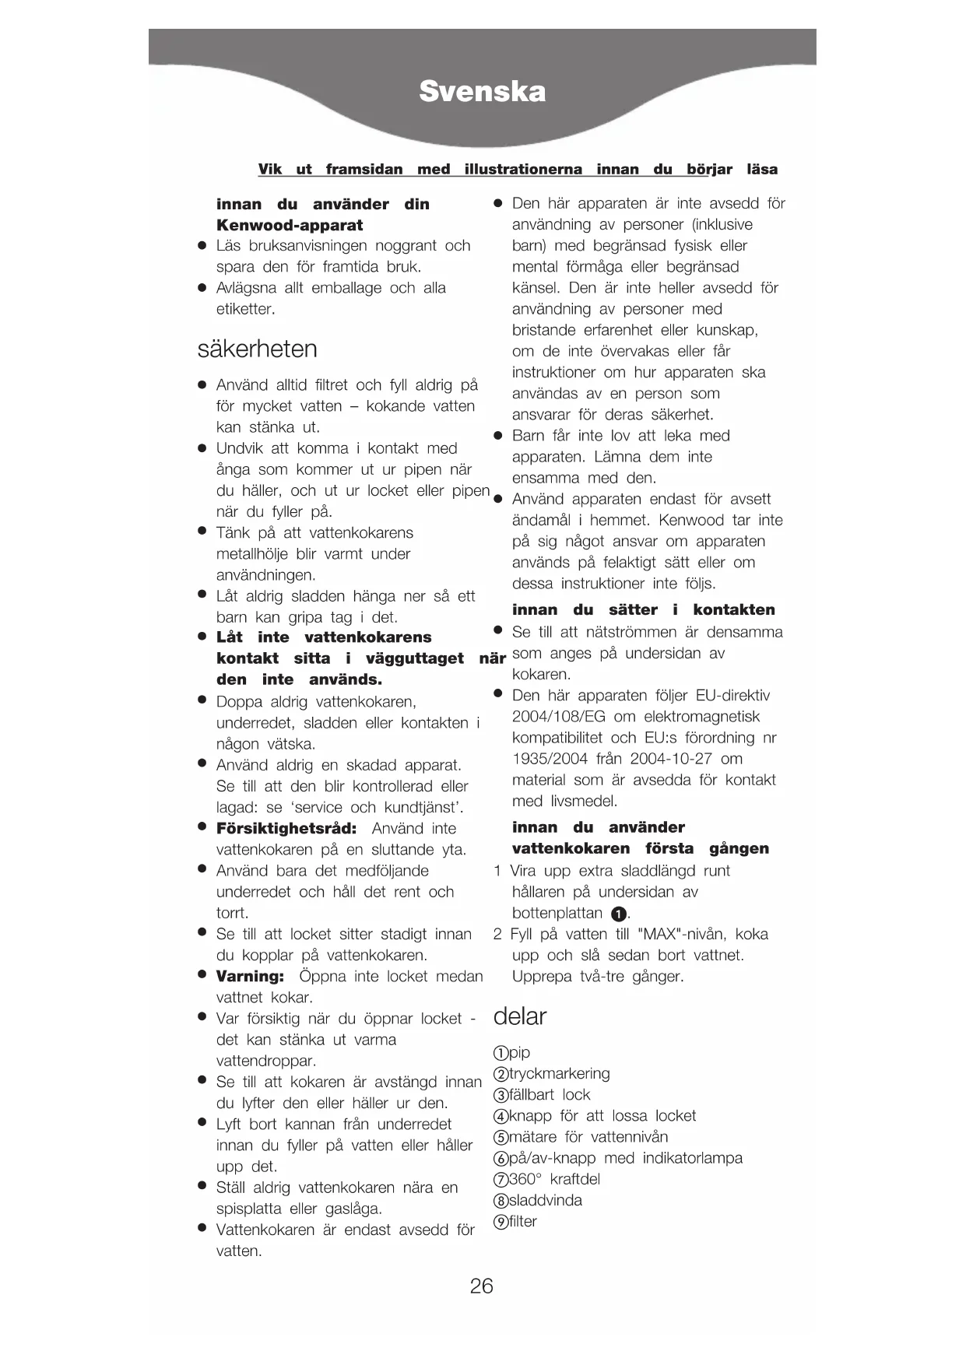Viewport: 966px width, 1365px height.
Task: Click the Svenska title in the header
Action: tap(482, 92)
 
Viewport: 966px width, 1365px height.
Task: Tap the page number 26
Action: tap(481, 1286)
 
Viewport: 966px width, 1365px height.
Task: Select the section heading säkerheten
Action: tap(257, 348)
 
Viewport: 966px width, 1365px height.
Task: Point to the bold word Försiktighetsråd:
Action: tap(286, 828)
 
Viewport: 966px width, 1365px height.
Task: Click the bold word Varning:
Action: tap(250, 976)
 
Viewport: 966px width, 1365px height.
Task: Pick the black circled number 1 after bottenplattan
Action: tap(619, 914)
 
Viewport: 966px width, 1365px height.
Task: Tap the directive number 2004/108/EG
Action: tap(557, 716)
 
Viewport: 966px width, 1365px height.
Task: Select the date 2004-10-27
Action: tap(671, 758)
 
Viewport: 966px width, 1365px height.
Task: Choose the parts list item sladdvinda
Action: tap(545, 1200)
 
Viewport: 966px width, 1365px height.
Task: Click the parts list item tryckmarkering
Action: tap(559, 1073)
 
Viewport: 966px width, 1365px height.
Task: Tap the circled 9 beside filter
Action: tap(501, 1222)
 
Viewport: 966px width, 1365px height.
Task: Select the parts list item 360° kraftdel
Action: tap(554, 1179)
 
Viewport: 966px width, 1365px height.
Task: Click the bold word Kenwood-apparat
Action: tap(290, 225)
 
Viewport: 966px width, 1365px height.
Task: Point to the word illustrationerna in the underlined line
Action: tap(523, 169)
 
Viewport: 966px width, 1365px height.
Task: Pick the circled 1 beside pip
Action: tap(501, 1053)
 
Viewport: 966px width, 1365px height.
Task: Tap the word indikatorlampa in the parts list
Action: tap(692, 1158)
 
